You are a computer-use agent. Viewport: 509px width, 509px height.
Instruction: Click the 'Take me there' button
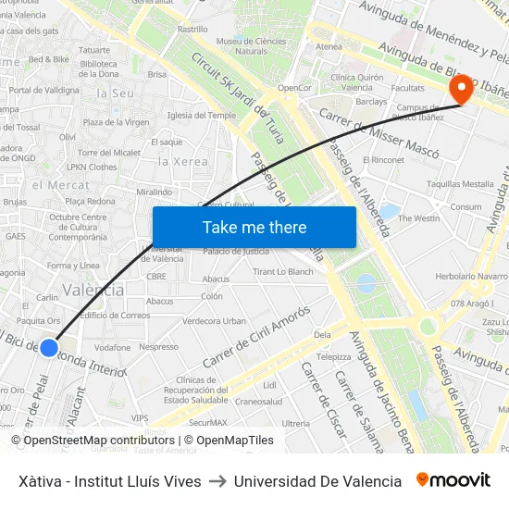pyautogui.click(x=254, y=227)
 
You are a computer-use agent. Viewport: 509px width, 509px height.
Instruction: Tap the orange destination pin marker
pyautogui.click(x=460, y=90)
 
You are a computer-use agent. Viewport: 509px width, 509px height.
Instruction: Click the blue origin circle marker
pyautogui.click(x=49, y=347)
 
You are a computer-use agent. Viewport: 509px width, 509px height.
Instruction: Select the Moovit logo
pyautogui.click(x=453, y=480)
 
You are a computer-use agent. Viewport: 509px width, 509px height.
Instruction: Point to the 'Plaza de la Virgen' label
pyautogui.click(x=116, y=122)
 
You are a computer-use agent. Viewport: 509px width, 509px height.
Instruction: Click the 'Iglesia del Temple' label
pyautogui.click(x=202, y=116)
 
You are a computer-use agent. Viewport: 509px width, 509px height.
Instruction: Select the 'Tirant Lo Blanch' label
pyautogui.click(x=283, y=272)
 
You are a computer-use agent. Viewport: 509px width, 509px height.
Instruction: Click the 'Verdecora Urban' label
pyautogui.click(x=214, y=321)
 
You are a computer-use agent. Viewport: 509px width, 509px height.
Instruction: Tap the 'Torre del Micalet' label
pyautogui.click(x=109, y=153)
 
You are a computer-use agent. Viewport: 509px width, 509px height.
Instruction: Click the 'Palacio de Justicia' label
pyautogui.click(x=236, y=252)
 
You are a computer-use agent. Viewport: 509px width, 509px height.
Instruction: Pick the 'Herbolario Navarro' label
pyautogui.click(x=471, y=276)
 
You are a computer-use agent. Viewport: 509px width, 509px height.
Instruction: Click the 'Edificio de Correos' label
pyautogui.click(x=115, y=316)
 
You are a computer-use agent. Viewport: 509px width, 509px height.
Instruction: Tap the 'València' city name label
pyautogui.click(x=93, y=291)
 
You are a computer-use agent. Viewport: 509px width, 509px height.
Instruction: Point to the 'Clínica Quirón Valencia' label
pyautogui.click(x=352, y=82)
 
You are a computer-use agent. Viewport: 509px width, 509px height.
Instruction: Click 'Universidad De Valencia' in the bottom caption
pyautogui.click(x=317, y=481)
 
